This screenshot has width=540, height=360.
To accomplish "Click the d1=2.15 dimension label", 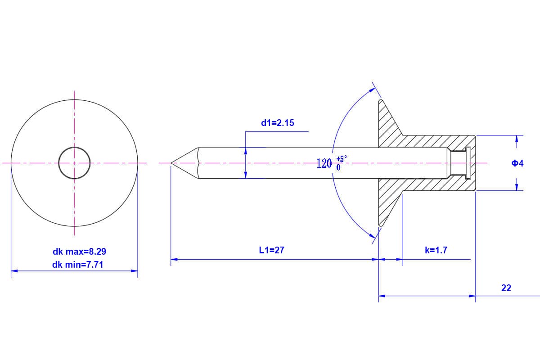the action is (278, 123).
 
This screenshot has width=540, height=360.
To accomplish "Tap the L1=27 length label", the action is (271, 250).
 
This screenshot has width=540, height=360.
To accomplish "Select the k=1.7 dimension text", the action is (436, 250).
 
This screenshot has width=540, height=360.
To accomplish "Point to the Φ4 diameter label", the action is (517, 163).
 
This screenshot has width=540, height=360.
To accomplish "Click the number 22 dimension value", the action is (506, 288).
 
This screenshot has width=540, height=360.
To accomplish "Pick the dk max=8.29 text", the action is (79, 252).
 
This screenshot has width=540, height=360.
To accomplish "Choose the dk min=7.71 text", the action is (77, 265).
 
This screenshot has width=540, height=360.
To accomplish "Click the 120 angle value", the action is (324, 163).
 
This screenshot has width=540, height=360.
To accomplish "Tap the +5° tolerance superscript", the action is (342, 159).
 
